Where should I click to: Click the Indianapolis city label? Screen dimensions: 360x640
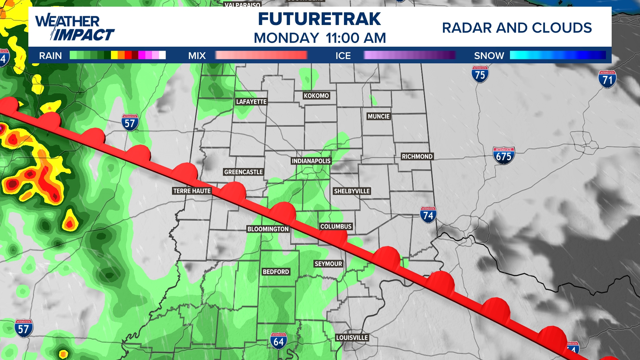point(311,161)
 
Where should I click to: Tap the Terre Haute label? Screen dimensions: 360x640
point(192,191)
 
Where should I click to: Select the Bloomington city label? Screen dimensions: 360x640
point(268,229)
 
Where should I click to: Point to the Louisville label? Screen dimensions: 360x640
point(352,338)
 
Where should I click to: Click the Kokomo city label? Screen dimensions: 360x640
point(316,96)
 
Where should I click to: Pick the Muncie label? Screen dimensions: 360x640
point(379,116)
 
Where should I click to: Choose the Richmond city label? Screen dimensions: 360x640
point(417,156)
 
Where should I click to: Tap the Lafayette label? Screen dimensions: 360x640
point(251,102)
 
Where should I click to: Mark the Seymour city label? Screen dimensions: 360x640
point(328,264)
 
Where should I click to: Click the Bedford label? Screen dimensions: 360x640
point(276,272)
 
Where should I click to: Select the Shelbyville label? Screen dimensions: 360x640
point(352,191)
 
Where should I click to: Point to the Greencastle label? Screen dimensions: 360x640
point(243,172)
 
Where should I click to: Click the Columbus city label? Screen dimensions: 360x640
point(336,226)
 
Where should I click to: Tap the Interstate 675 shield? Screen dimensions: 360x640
point(504,156)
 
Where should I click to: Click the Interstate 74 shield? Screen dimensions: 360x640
point(428,215)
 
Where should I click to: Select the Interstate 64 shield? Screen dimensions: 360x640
point(279,341)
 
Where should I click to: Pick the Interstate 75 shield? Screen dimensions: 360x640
point(480,74)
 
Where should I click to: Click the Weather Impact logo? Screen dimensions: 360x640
point(75,27)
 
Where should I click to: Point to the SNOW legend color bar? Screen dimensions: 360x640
point(558,55)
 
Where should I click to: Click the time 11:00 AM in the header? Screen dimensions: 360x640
point(356,38)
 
